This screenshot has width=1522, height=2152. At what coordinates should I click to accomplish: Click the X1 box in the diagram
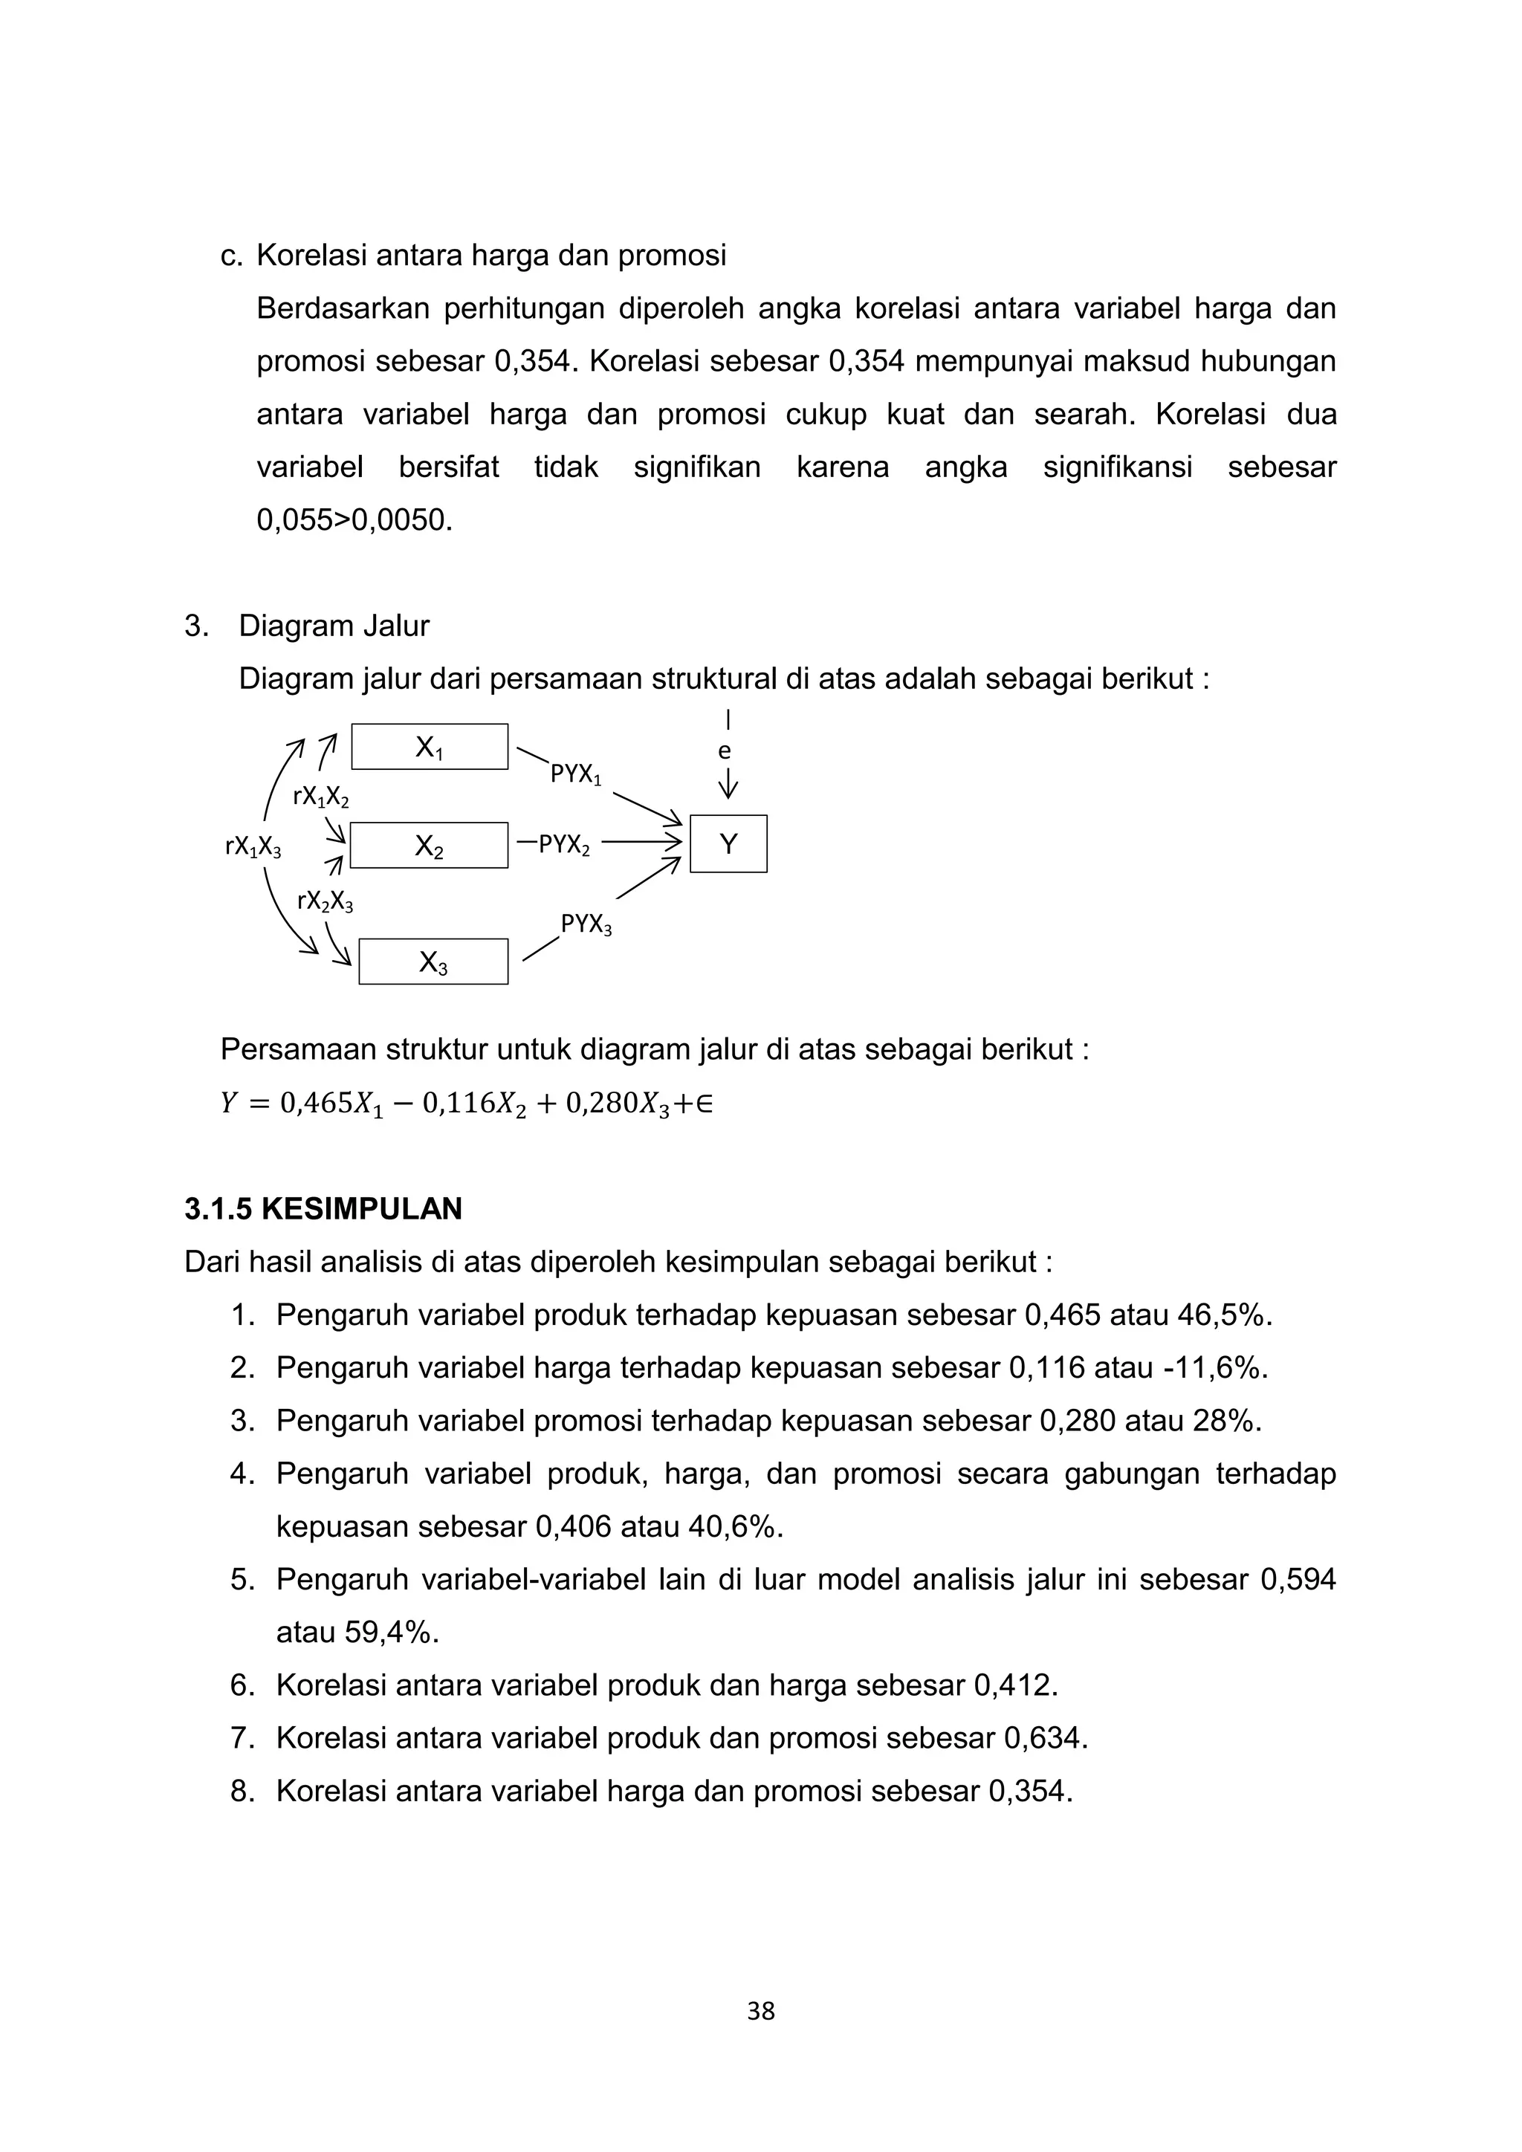click(430, 747)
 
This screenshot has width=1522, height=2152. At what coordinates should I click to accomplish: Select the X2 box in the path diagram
click(430, 846)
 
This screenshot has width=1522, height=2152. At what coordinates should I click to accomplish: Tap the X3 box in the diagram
click(433, 962)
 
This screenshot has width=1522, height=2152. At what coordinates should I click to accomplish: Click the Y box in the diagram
click(728, 844)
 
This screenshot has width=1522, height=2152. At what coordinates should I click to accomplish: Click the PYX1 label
click(575, 775)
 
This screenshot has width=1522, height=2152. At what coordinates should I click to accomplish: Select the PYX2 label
click(564, 846)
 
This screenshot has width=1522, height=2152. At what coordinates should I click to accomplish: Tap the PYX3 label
click(586, 925)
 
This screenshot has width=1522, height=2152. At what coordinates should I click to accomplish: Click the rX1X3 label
click(253, 847)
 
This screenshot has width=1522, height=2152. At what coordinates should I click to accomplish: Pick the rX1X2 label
click(320, 797)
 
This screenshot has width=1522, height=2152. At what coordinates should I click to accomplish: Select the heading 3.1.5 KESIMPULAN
click(323, 1209)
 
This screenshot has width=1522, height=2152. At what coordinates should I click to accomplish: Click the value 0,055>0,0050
click(354, 520)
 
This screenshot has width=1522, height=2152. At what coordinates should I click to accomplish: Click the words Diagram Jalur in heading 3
click(334, 626)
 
